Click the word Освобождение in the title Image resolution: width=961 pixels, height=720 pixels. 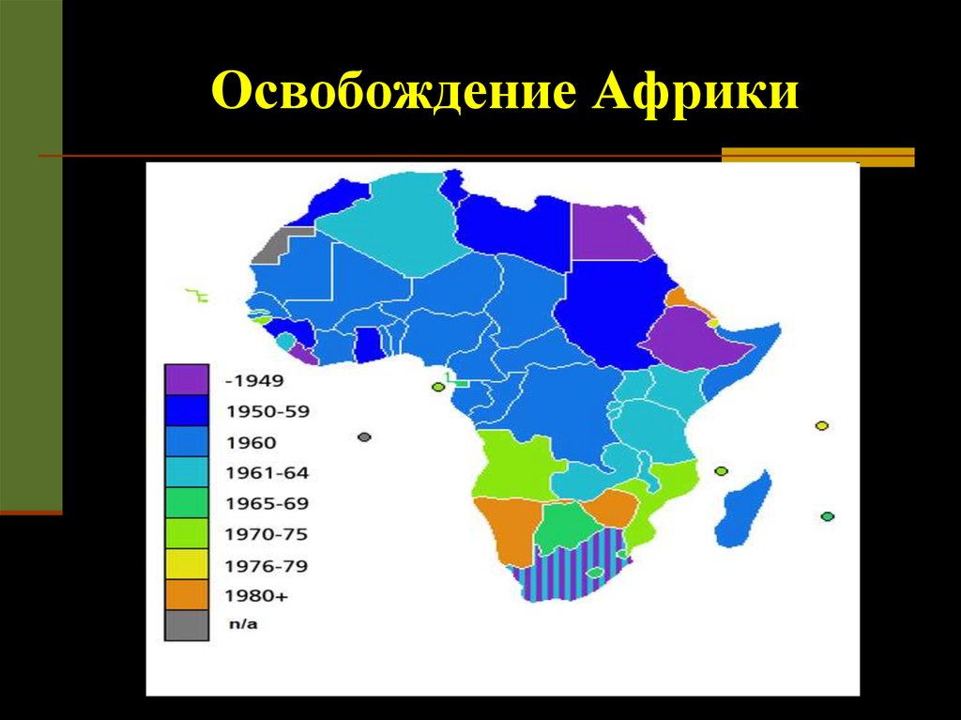coord(392,95)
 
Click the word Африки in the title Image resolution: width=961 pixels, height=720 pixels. coord(695,95)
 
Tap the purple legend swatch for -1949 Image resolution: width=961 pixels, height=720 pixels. coord(186,380)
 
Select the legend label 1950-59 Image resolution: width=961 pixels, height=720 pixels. coord(267,411)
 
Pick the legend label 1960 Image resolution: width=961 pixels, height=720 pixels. coord(252,442)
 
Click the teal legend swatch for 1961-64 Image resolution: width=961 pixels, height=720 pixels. coord(186,472)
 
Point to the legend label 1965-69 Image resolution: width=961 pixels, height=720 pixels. coord(267,503)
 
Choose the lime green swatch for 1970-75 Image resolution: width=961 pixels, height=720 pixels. coord(186,534)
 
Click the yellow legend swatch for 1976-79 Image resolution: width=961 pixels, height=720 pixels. coord(186,565)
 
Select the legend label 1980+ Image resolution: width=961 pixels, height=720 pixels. coord(256,595)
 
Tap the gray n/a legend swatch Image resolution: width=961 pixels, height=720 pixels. coord(186,625)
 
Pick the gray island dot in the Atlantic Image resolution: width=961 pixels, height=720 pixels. coord(364,437)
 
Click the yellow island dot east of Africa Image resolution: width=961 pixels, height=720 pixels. coord(822,425)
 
